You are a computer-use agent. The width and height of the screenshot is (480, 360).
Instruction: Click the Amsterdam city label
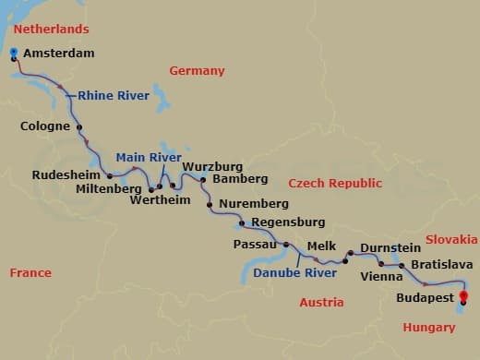point(58,54)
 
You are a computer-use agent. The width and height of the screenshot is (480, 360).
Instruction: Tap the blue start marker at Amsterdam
point(14,53)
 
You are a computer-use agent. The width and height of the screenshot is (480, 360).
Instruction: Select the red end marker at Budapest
point(463,296)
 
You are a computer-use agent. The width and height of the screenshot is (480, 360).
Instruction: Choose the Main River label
point(149,157)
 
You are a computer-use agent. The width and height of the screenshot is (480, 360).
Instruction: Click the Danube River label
point(295,273)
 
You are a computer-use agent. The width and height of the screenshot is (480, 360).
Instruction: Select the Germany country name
point(197,71)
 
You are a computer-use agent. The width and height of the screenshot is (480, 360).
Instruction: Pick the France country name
point(30,272)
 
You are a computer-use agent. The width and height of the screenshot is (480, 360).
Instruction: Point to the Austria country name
point(321,302)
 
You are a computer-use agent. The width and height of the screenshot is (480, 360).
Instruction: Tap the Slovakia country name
point(451,240)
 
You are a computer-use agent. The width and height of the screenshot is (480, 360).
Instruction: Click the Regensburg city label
point(288,222)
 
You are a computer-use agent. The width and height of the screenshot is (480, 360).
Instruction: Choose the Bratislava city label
point(442,265)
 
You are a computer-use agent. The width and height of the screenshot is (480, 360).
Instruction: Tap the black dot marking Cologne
point(79,127)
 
